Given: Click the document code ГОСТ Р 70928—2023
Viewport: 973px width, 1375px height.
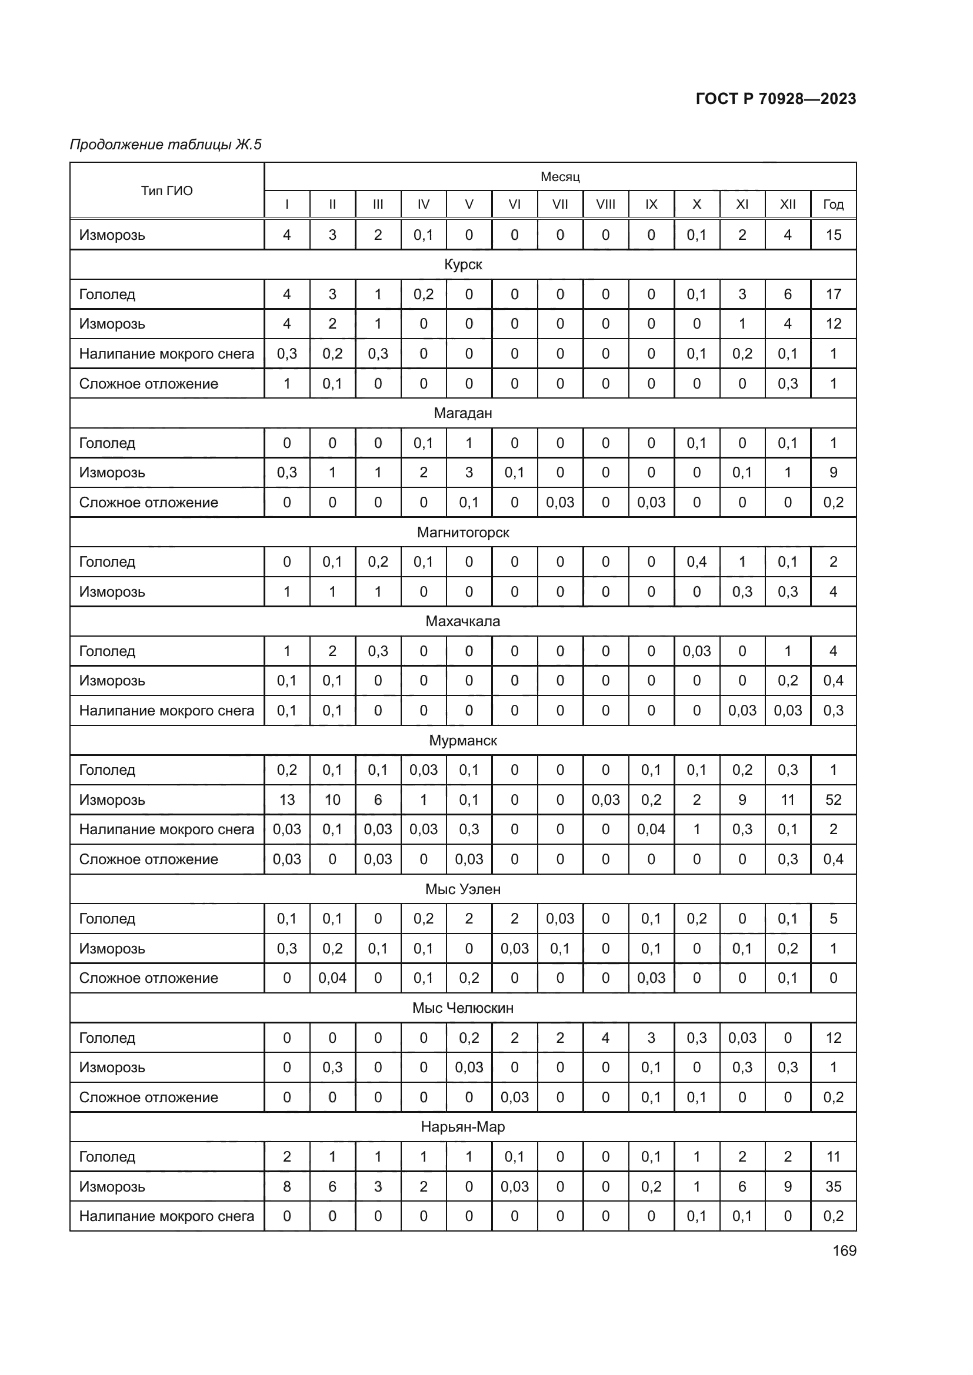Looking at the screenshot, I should tap(775, 99).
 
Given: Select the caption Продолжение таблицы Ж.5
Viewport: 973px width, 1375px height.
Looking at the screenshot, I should tap(166, 145).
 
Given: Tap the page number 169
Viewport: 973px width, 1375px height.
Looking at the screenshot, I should tap(844, 1250).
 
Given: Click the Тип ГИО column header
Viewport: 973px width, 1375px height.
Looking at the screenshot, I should tap(166, 190).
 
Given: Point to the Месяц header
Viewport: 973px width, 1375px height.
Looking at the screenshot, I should tap(559, 177).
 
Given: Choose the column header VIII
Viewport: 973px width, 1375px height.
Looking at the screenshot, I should tap(605, 204).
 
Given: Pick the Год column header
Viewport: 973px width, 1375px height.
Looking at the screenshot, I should tap(833, 204).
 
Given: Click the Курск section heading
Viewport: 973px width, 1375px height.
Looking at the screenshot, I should tap(462, 264).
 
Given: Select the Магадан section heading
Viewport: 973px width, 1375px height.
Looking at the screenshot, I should tap(462, 413).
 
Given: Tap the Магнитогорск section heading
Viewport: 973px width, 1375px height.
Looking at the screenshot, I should tap(462, 532).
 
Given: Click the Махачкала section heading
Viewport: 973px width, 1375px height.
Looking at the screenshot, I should tap(462, 621).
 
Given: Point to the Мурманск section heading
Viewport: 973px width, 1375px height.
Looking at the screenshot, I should tap(462, 740).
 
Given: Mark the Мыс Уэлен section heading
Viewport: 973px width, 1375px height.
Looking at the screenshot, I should tap(462, 889).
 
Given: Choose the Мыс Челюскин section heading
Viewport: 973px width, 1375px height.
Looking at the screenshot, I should tap(462, 1008).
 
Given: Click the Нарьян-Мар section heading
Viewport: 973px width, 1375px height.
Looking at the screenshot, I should tap(462, 1126).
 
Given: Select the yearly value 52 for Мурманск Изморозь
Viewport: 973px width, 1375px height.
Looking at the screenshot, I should tap(833, 799).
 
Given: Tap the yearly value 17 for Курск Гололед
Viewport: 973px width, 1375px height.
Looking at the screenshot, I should tap(833, 294).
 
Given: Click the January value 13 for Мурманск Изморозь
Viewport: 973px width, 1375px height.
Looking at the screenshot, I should tap(286, 799).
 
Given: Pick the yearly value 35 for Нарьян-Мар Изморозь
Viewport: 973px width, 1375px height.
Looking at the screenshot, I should tap(833, 1186).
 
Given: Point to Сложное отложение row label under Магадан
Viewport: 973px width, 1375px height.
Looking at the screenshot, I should tap(149, 502).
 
